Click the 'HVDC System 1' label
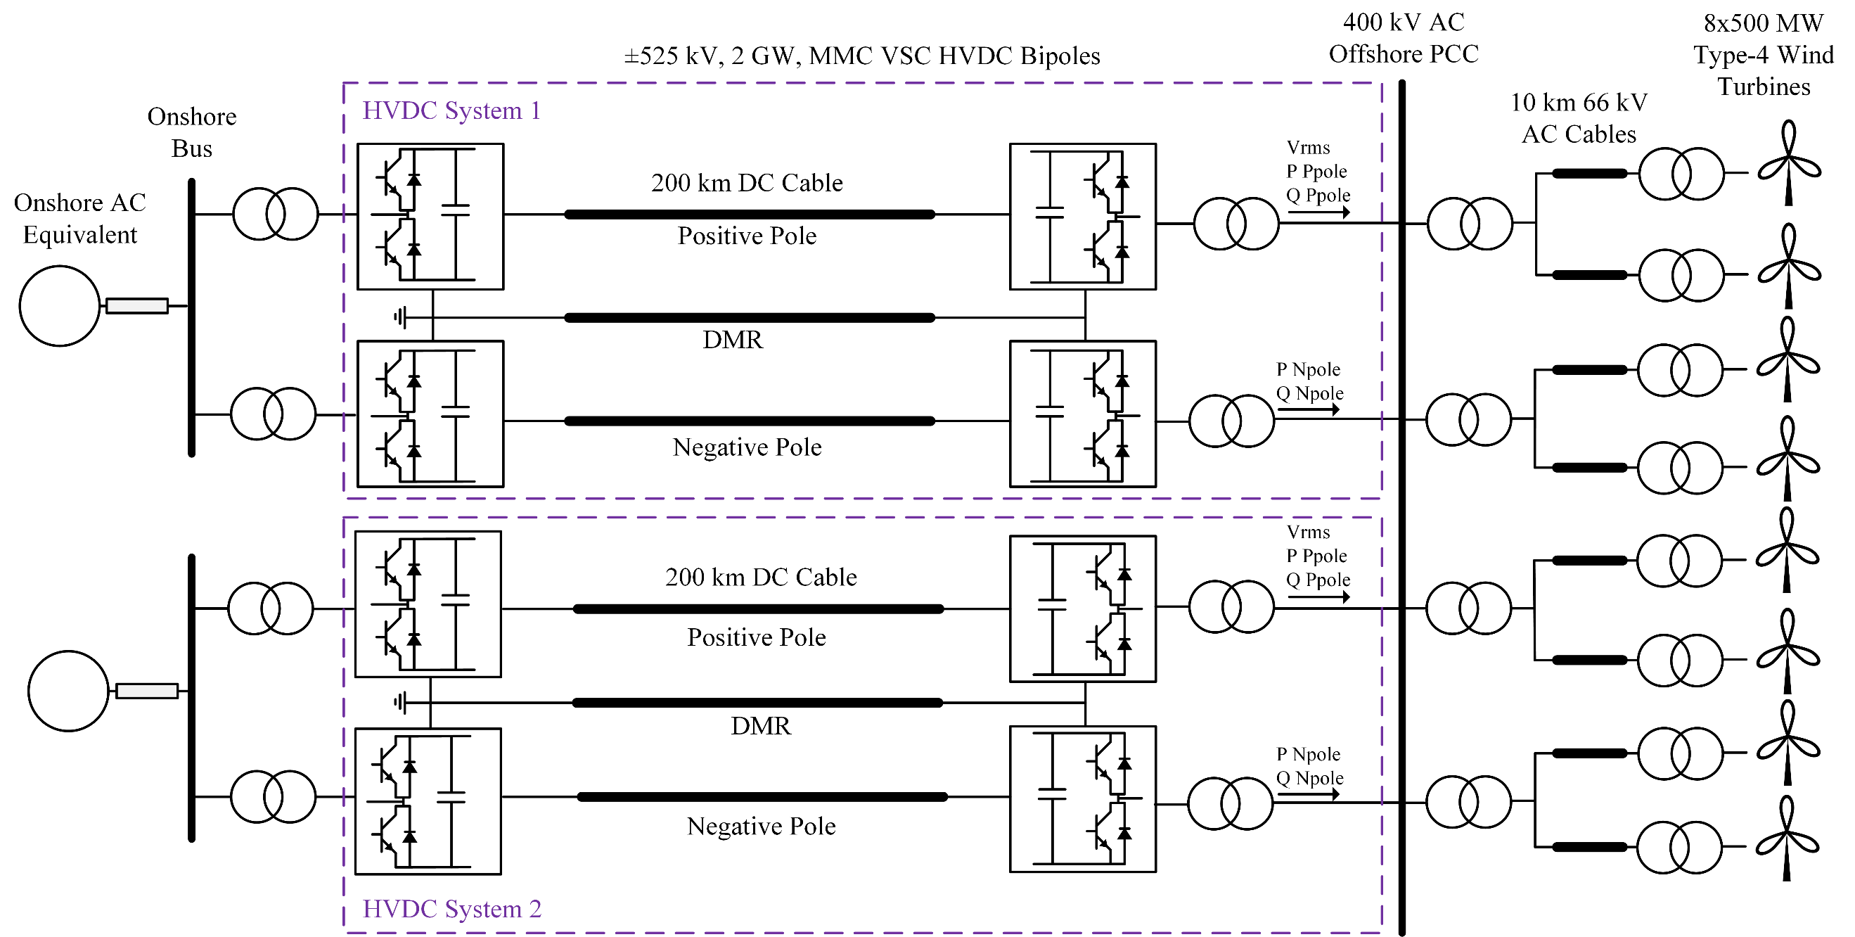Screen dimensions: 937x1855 (x=451, y=111)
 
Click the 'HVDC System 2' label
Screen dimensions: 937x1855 (x=451, y=909)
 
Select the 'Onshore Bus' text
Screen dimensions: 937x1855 (x=191, y=132)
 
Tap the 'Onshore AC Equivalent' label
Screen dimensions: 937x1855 (x=80, y=218)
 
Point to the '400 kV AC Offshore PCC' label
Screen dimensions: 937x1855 (x=1403, y=38)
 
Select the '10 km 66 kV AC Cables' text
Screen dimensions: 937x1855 (x=1579, y=118)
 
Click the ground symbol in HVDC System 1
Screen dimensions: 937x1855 (x=400, y=317)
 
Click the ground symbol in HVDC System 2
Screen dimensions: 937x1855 (x=400, y=702)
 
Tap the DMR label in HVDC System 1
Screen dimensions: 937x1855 (x=732, y=340)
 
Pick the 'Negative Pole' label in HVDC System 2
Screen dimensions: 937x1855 (x=761, y=826)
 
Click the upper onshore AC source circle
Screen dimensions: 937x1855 (x=59, y=306)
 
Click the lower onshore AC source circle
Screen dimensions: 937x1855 (x=68, y=691)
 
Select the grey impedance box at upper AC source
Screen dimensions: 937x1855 (x=137, y=306)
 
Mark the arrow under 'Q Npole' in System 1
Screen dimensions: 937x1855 (x=1308, y=410)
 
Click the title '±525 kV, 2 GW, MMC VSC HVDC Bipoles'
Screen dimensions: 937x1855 (x=862, y=56)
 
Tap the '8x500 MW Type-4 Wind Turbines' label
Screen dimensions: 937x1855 (x=1763, y=55)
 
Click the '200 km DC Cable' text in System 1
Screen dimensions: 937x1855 (x=747, y=183)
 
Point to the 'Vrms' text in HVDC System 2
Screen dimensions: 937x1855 (x=1308, y=533)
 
